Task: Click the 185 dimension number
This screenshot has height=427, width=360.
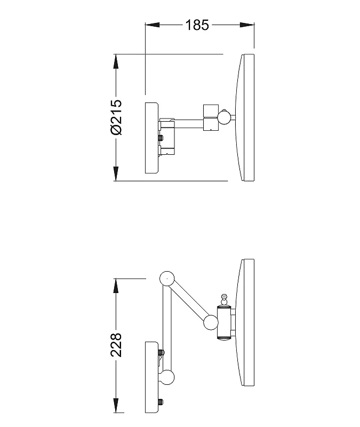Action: pyautogui.click(x=197, y=25)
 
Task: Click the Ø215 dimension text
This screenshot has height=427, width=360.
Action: pyautogui.click(x=116, y=117)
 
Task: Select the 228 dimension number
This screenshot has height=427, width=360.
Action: pyautogui.click(x=116, y=344)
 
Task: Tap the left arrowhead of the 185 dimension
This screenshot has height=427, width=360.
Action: pyautogui.click(x=152, y=25)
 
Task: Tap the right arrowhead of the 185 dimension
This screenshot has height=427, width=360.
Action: pyautogui.click(x=247, y=25)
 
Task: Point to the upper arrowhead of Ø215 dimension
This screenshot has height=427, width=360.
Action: pyautogui.click(x=116, y=61)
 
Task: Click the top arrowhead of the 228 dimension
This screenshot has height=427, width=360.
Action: pyautogui.click(x=116, y=286)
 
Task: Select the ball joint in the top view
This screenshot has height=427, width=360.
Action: pyautogui.click(x=224, y=117)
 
